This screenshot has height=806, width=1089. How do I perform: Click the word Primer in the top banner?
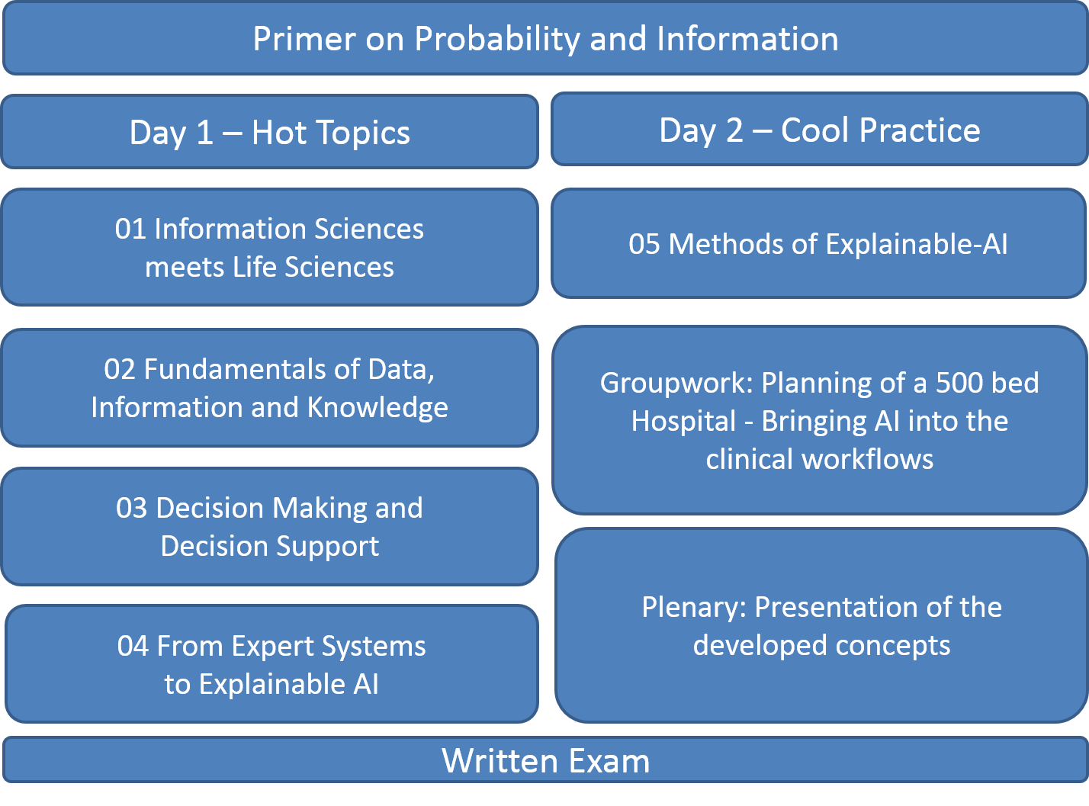click(x=304, y=39)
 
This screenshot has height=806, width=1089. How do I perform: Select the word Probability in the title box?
click(x=496, y=40)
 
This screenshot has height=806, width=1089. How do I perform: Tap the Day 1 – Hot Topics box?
click(x=269, y=132)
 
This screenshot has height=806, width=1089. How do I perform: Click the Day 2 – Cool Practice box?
click(x=820, y=130)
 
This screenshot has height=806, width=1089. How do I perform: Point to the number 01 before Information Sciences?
click(x=130, y=230)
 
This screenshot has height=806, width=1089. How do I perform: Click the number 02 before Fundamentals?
click(x=119, y=369)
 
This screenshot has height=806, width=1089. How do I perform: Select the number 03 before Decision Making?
click(x=132, y=509)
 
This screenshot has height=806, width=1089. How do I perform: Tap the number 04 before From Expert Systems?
click(x=133, y=647)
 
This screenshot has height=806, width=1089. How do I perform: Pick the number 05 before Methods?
click(x=644, y=245)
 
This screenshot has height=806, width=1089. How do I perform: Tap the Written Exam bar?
click(x=545, y=760)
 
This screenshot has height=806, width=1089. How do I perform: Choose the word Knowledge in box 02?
click(x=377, y=409)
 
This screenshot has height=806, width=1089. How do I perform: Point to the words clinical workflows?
click(x=820, y=460)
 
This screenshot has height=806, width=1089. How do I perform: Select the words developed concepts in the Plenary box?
click(x=821, y=647)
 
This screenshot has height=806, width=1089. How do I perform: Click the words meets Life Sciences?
click(x=269, y=268)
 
